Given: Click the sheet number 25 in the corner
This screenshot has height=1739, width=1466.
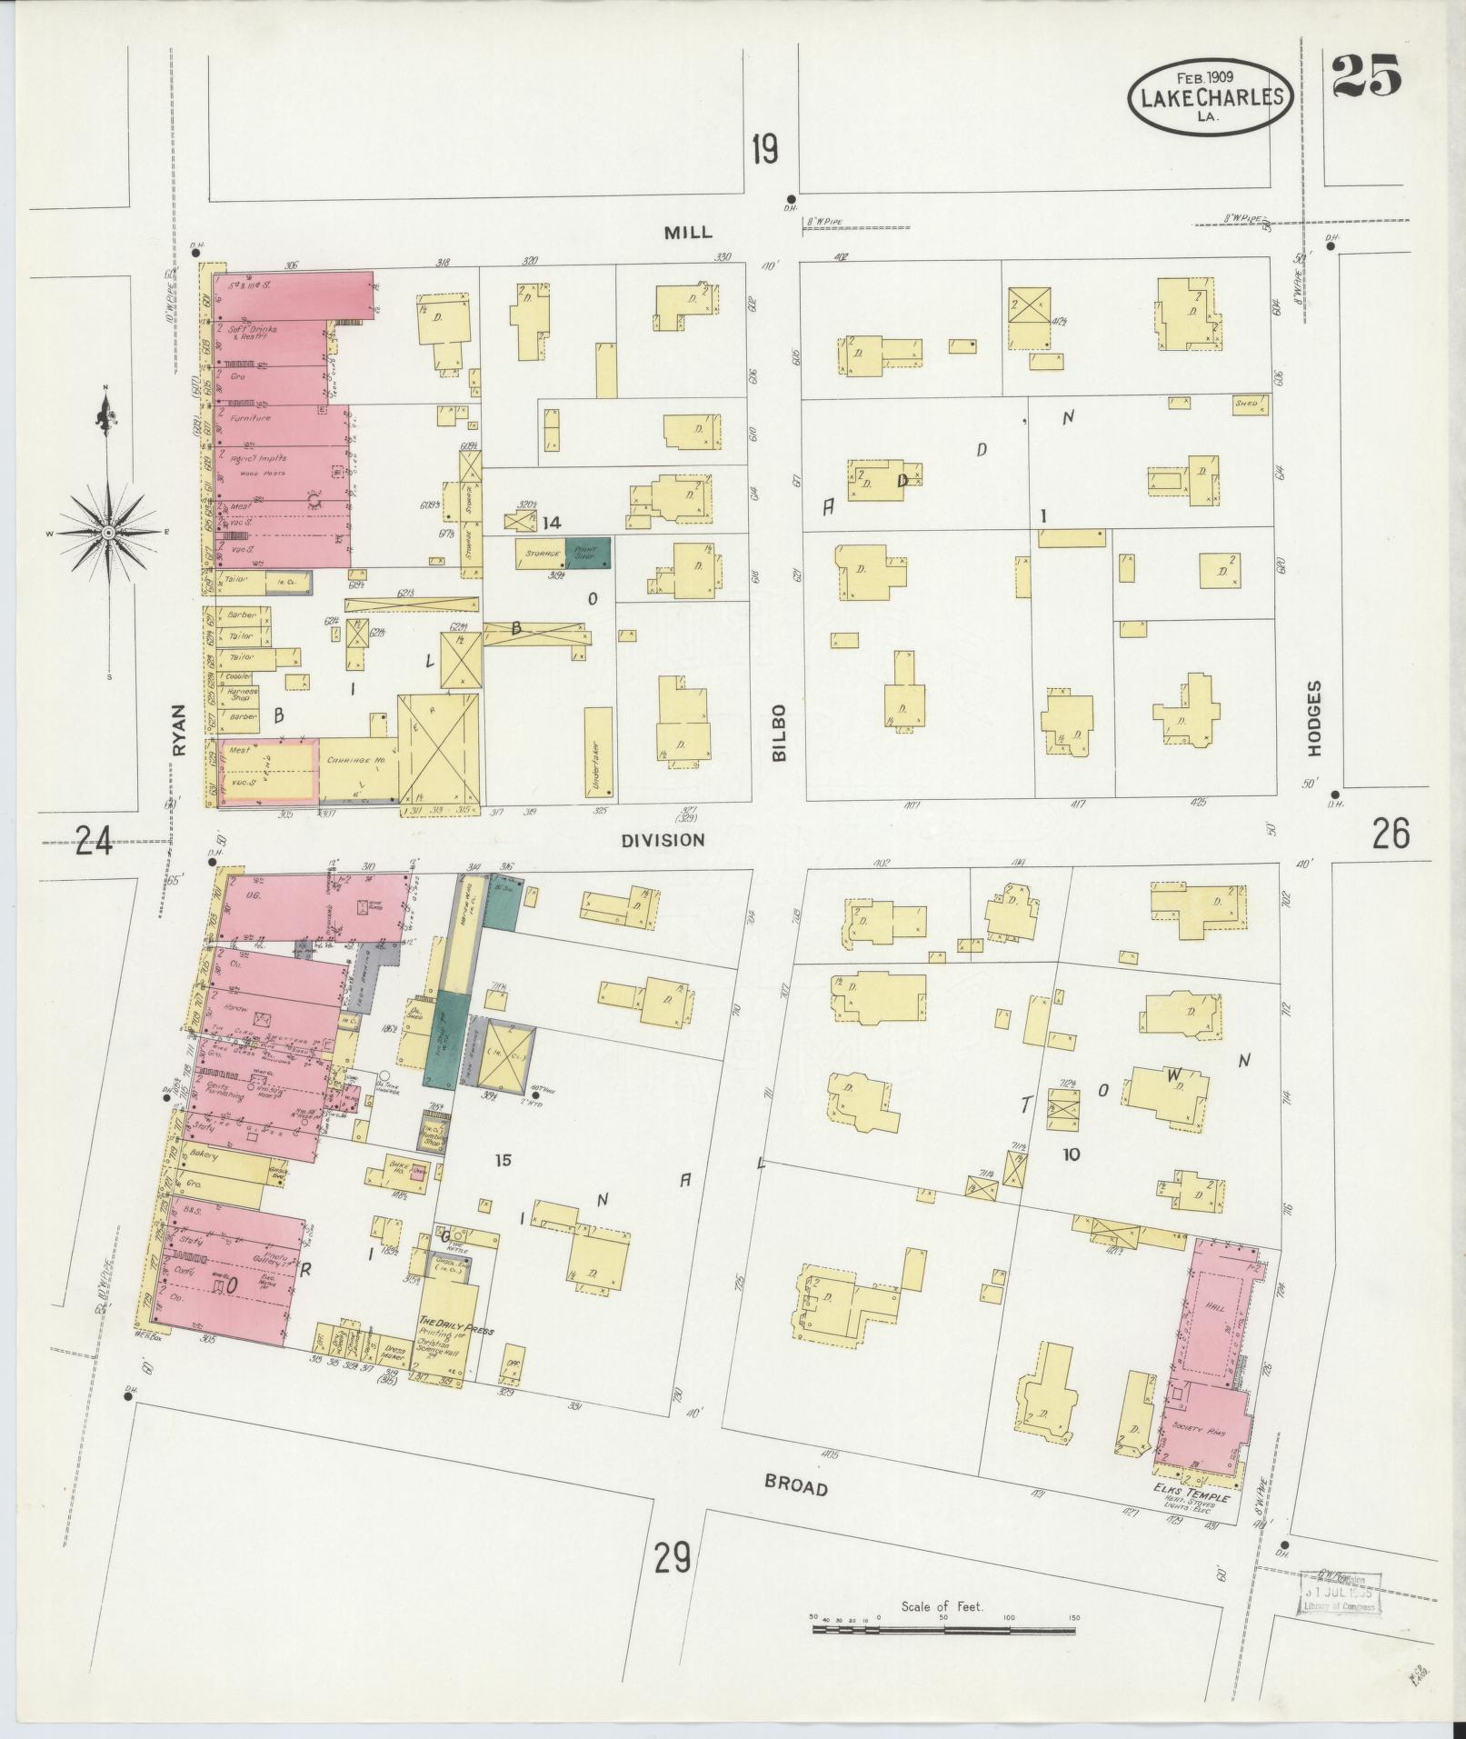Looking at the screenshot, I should (1368, 76).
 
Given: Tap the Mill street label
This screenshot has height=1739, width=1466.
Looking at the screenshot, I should (687, 232).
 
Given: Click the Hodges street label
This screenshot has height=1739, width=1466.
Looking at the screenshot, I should (1315, 718).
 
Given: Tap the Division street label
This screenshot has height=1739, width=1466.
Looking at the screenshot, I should (663, 840).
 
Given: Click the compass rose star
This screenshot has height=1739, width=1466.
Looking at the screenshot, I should (108, 532).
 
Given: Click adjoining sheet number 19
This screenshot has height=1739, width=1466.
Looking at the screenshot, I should (765, 149).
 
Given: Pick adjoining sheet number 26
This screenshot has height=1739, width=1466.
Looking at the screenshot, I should (1391, 833).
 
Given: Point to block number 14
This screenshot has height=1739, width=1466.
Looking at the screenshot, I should (551, 523).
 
